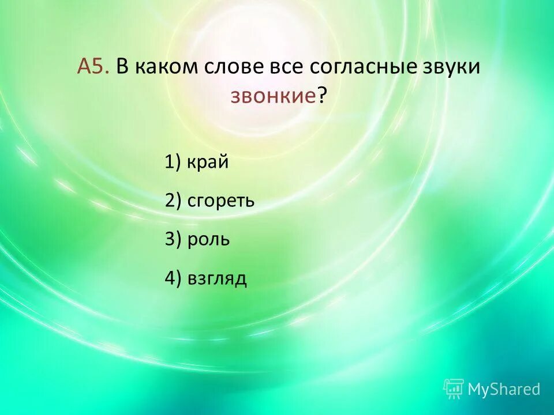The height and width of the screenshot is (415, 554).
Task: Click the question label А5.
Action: pyautogui.click(x=93, y=67)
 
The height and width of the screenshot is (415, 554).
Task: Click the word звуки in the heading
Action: pyautogui.click(x=450, y=67)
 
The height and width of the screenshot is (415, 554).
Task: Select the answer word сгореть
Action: pyautogui.click(x=221, y=201)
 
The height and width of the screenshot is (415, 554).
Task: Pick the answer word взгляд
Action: pyautogui.click(x=217, y=278)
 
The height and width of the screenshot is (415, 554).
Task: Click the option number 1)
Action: pyautogui.click(x=173, y=163)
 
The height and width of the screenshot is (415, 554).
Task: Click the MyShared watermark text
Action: pyautogui.click(x=504, y=390)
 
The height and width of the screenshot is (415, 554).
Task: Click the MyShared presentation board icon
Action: pyautogui.click(x=454, y=389)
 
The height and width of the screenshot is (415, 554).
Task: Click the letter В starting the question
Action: pyautogui.click(x=122, y=67)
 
